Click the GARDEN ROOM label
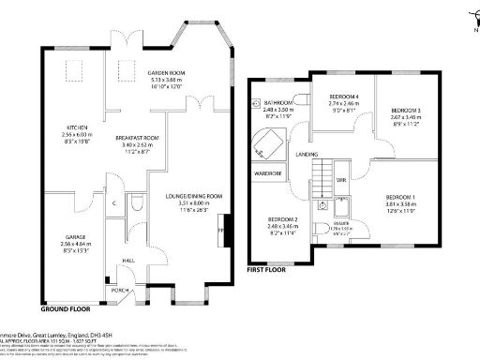pos(166,73)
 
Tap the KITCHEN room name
pos(77,127)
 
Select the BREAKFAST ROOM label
pos(139,138)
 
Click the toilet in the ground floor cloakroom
pos(138,202)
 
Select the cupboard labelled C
pos(113,202)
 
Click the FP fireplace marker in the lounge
pos(221,230)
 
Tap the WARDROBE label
pos(268,173)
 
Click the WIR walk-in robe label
pos(342,178)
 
